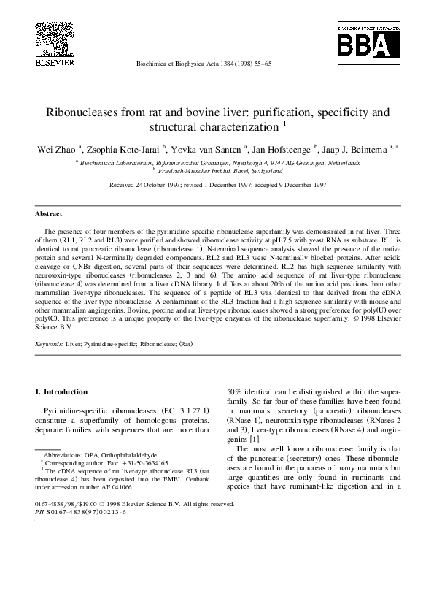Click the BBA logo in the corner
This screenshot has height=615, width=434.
click(368, 44)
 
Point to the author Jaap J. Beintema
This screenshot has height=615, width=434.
click(357, 149)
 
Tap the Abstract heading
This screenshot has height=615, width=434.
click(49, 214)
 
